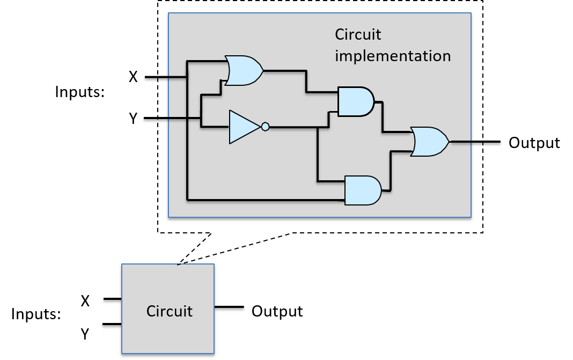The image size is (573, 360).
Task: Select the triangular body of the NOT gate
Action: pyautogui.click(x=243, y=127)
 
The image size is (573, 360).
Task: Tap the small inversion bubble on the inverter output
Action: pyautogui.click(x=265, y=127)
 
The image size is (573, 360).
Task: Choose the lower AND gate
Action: pyautogui.click(x=362, y=190)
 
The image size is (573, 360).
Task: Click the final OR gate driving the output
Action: pyautogui.click(x=429, y=142)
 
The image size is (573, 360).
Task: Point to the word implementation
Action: pyautogui.click(x=393, y=56)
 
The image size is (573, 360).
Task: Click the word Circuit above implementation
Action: pyautogui.click(x=358, y=34)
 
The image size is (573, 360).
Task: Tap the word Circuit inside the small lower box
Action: pyautogui.click(x=169, y=311)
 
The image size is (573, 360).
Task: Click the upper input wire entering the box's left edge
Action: pyautogui.click(x=177, y=77)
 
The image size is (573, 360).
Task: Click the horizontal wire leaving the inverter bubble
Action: pyautogui.click(x=292, y=128)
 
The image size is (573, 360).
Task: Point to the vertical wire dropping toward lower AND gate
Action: pyautogui.click(x=318, y=156)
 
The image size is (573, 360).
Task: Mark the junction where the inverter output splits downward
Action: pyautogui.click(x=318, y=128)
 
